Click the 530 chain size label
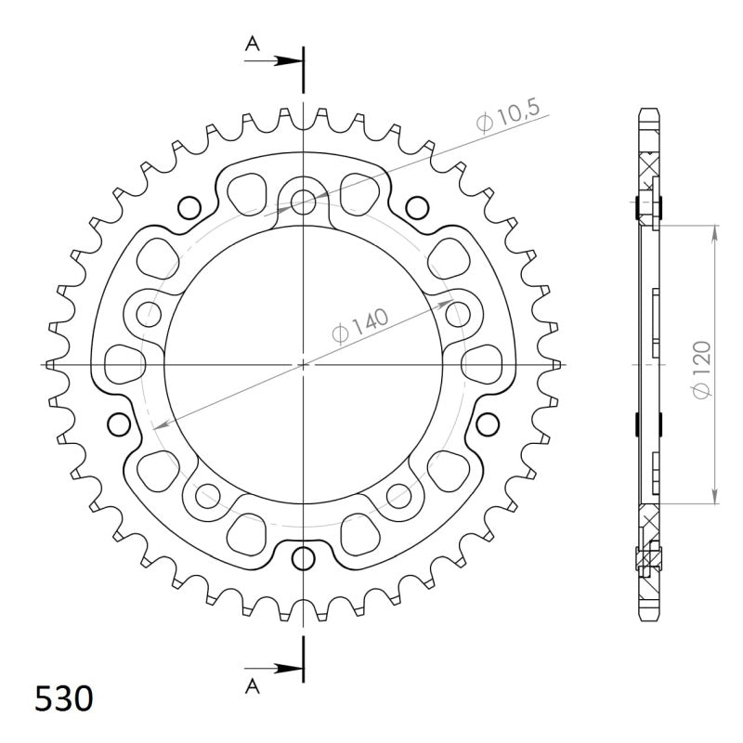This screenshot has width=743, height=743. (x=64, y=697)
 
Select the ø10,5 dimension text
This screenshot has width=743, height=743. (x=510, y=120)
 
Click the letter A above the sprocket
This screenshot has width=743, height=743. (x=252, y=43)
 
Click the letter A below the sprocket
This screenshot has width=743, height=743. (x=252, y=685)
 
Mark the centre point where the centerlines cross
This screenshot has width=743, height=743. (x=303, y=364)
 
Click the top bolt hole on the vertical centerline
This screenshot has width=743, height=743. (x=303, y=201)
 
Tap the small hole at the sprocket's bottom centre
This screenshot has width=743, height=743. (x=303, y=557)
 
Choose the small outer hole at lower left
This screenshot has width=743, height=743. (x=118, y=424)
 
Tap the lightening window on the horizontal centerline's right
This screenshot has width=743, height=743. (x=482, y=363)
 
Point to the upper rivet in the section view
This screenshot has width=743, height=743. (x=648, y=206)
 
